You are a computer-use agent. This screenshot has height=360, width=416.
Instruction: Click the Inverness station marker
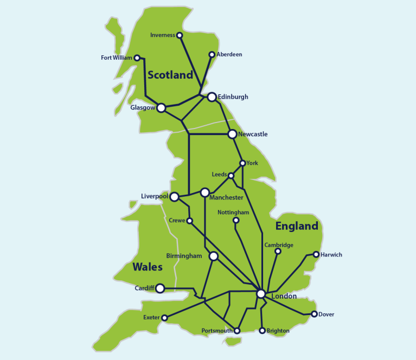(180, 35)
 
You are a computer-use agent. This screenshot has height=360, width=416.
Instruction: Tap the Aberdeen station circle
(212, 54)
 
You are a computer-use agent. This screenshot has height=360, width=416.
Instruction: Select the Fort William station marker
(137, 57)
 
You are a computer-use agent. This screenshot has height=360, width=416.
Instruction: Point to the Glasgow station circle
(161, 108)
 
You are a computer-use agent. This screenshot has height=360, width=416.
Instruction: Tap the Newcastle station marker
(232, 134)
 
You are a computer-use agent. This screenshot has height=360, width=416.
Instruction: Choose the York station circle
(242, 163)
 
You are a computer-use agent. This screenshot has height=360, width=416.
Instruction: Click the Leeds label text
(219, 175)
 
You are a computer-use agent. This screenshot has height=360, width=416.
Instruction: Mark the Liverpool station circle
(175, 196)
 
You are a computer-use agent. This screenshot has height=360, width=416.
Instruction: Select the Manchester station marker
(204, 192)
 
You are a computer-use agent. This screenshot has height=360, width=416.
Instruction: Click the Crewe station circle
(190, 221)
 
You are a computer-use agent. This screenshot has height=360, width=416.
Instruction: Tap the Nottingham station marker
(236, 220)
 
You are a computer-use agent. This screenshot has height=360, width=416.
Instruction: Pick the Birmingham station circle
(213, 256)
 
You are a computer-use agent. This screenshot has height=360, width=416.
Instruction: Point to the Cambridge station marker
(278, 251)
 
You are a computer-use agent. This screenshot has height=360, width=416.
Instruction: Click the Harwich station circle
(316, 254)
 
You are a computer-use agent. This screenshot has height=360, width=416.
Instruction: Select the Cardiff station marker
(160, 288)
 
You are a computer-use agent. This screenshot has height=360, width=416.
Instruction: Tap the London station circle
(261, 293)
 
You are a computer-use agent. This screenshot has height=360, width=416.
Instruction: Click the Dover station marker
(314, 314)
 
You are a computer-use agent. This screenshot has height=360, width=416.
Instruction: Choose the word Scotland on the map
(170, 75)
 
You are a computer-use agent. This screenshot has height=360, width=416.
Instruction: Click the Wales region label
(148, 267)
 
